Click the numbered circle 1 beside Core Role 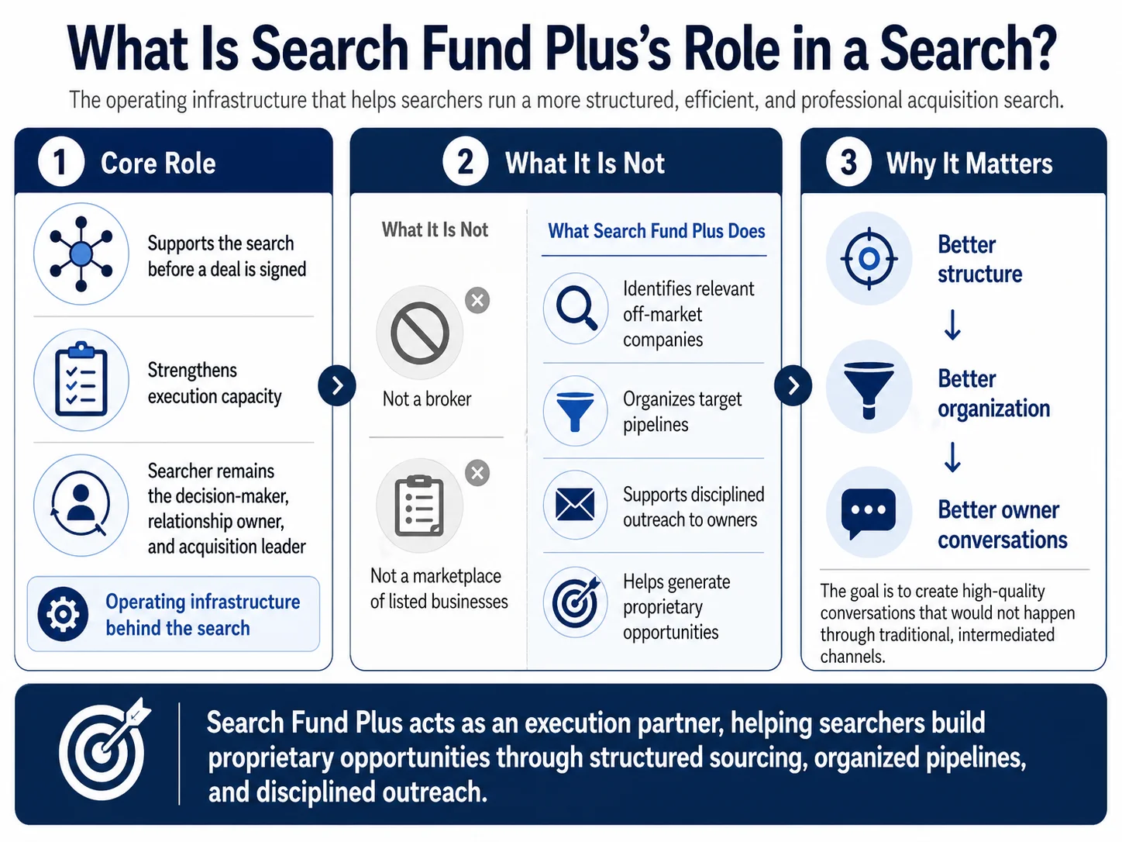coord(61,163)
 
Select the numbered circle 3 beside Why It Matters coord(848,163)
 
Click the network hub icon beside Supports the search coord(81,254)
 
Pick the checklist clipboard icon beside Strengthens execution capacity coord(81,379)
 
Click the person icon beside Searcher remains coord(81,505)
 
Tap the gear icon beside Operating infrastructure coord(63,614)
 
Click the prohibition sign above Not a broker coord(420,333)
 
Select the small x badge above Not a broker coord(477,300)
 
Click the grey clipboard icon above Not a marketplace coord(420,506)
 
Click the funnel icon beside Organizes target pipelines coord(575,411)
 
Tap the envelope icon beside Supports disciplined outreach coord(575,504)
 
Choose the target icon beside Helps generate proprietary coord(576,602)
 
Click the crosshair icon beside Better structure coord(869,259)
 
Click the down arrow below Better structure coord(952,325)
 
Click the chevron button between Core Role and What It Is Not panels coord(337,385)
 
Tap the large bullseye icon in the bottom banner coord(104,749)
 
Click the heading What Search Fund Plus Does coord(656,231)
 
